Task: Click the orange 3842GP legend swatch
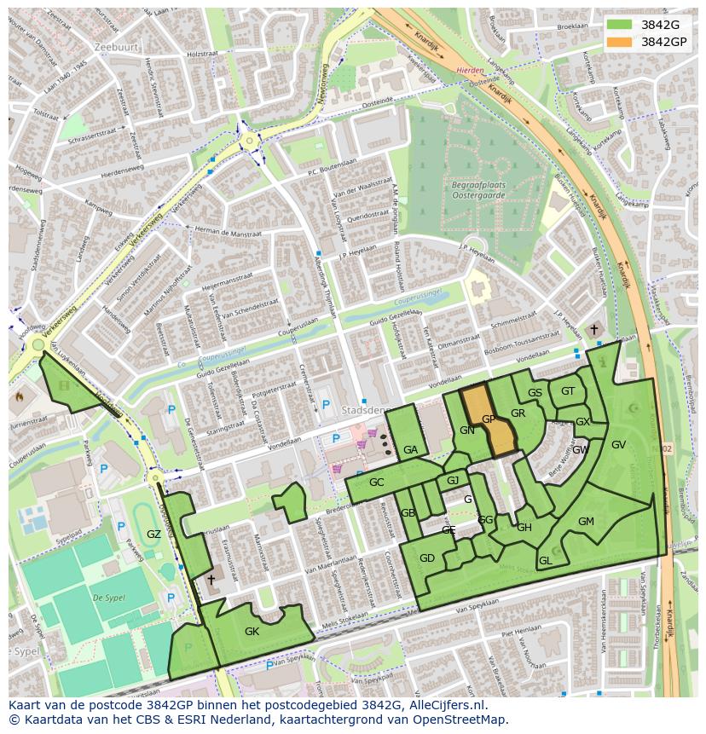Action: pos(620,42)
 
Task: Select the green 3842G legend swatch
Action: pos(620,25)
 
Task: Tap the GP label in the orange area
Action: pos(489,419)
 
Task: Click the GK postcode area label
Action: pos(252,632)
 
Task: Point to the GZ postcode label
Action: pos(153,535)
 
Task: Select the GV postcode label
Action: pos(618,445)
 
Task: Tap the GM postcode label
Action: pos(586,522)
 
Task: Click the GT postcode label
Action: pos(568,391)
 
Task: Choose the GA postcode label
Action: pos(410,450)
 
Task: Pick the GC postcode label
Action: pos(376,483)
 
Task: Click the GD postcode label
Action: pos(427,558)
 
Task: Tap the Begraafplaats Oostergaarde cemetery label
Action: pos(473,188)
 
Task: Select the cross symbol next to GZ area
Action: pos(211,579)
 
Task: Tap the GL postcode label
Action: pos(546,561)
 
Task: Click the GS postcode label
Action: pos(535,393)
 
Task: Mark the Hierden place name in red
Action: pos(470,72)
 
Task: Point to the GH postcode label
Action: pos(524,528)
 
